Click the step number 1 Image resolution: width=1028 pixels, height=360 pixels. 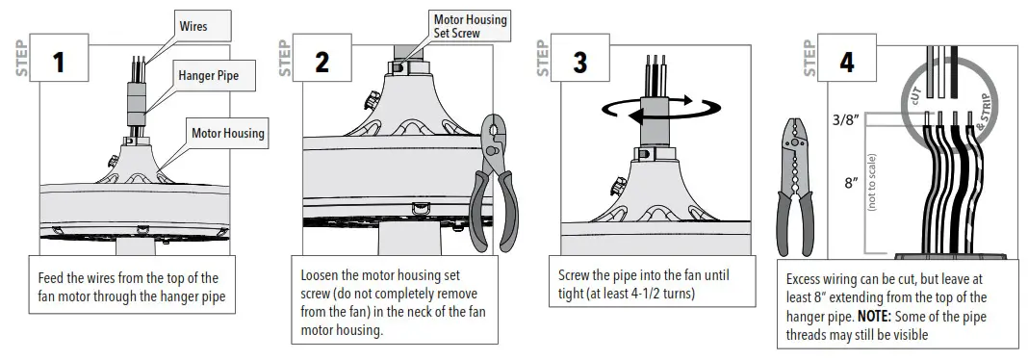pos(58,62)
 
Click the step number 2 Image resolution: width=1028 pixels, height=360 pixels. pos(321,62)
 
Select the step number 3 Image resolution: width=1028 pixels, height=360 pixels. pos(580,62)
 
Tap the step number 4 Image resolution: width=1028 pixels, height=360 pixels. pos(846,62)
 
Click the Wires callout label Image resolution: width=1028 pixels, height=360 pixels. pos(193,26)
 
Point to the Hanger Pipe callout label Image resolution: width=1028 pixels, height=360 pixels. pos(208,72)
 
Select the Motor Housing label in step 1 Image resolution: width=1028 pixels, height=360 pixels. pos(227,133)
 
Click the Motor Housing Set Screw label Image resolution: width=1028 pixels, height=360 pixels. pos(470,26)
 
